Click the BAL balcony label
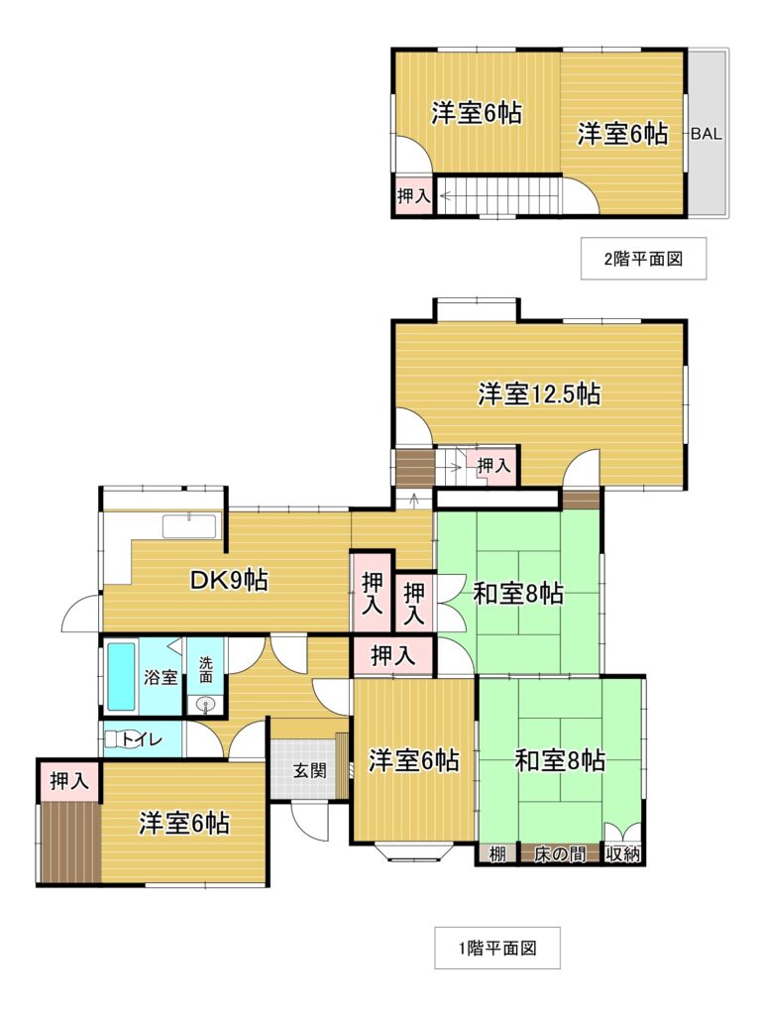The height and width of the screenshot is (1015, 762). coord(707,134)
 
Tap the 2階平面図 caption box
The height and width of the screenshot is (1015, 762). coord(643,259)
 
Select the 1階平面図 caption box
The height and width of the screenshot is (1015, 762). coord(496,949)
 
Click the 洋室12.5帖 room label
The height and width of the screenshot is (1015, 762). coord(539,394)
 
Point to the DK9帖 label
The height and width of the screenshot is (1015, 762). coord(229,580)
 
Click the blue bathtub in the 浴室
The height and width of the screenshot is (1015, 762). coord(121,675)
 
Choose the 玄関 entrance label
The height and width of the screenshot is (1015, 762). coord(310,770)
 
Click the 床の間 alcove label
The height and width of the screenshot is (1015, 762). coord(560,853)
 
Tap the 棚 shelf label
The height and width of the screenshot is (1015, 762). coord(496,853)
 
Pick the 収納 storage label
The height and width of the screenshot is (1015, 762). coord(623,853)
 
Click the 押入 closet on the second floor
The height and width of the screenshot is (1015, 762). coord(413,195)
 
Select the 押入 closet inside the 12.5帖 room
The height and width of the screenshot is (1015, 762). coord(494,465)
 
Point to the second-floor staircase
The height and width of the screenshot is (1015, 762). coord(498,195)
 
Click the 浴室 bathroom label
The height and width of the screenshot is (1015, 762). coord(160,677)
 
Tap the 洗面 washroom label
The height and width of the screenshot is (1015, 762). coord(206,669)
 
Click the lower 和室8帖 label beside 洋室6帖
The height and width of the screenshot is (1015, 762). coord(560,759)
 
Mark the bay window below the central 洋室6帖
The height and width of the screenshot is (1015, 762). coord(413,851)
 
